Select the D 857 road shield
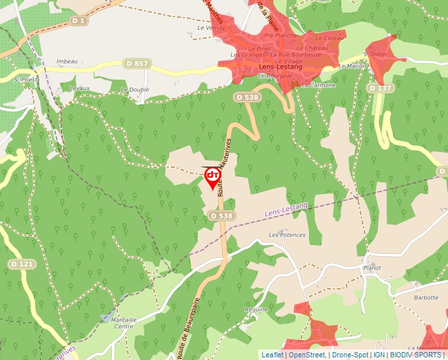(136, 64)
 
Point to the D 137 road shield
(380, 88)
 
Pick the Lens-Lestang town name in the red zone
(281, 67)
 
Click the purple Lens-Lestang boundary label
(286, 211)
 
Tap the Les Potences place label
(287, 235)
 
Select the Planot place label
(372, 268)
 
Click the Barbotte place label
(426, 297)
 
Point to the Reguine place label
(256, 309)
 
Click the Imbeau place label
(67, 61)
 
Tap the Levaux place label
(79, 88)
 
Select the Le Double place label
(134, 90)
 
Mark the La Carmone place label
(318, 85)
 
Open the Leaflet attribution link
(272, 355)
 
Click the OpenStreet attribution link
(307, 355)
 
